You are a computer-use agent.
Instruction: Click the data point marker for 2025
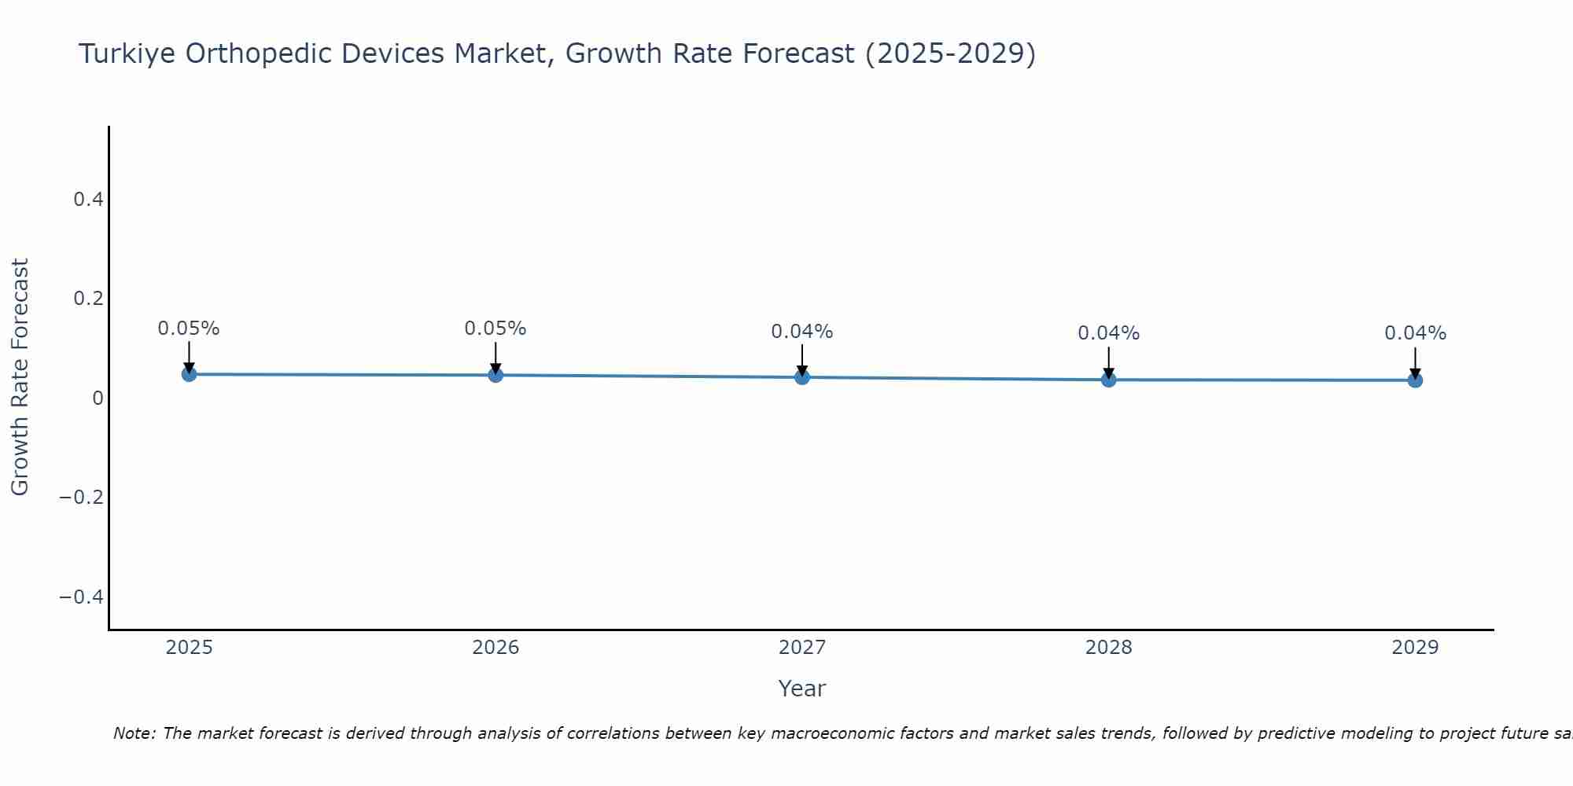pos(189,374)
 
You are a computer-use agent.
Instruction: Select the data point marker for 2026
pos(495,375)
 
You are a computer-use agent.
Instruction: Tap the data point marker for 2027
pos(802,377)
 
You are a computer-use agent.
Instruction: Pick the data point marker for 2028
pos(1109,380)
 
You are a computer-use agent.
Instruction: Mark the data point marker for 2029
pos(1415,380)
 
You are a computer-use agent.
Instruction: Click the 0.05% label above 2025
pos(189,329)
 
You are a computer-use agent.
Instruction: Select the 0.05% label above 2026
pos(495,329)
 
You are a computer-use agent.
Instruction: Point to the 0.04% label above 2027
pos(802,332)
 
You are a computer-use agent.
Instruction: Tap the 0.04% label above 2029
pos(1415,333)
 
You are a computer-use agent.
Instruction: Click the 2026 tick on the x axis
pos(495,648)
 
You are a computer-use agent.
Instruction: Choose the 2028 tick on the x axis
pos(1109,648)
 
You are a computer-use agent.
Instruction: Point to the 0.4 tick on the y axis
pos(89,200)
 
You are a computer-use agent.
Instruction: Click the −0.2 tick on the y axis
pos(82,498)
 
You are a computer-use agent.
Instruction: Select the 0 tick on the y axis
pos(98,399)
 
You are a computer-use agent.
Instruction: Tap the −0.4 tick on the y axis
pos(82,597)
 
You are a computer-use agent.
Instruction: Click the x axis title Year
pos(802,689)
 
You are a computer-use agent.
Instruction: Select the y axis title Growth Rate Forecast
pos(20,377)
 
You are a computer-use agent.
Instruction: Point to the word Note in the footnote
pos(134,734)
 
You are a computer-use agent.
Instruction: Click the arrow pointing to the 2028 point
pos(1109,363)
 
